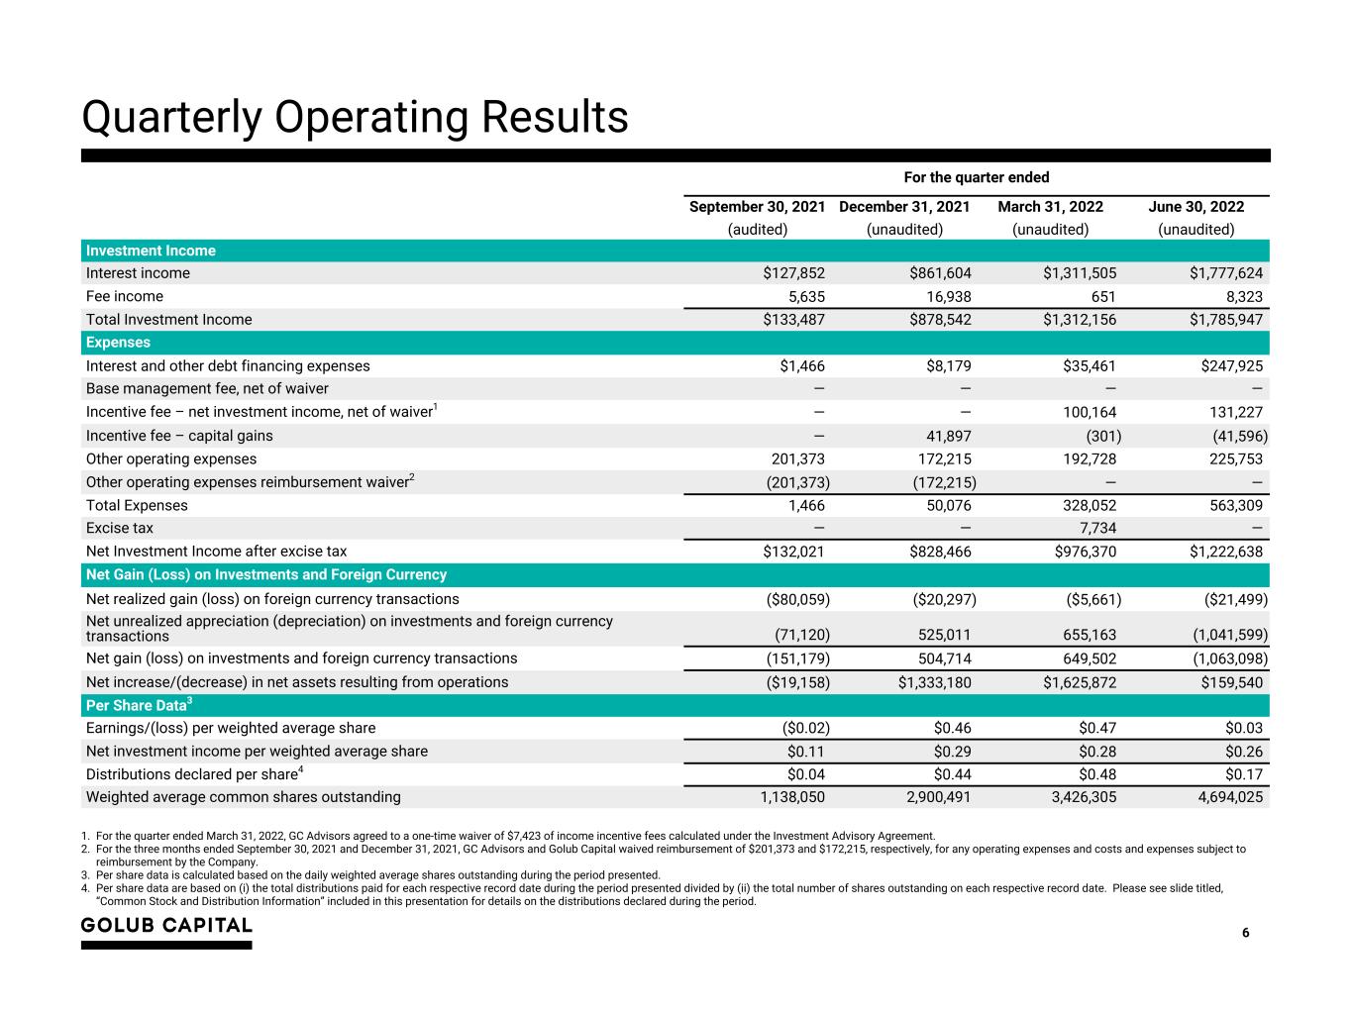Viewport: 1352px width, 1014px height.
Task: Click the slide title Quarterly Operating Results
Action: click(355, 117)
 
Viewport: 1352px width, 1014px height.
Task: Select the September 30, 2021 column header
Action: click(757, 207)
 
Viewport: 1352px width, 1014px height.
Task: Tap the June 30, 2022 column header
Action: click(1196, 207)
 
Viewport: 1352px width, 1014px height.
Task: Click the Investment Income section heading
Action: click(151, 251)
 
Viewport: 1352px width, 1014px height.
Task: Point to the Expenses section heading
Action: click(118, 343)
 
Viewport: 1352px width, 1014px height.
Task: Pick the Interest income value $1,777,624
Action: click(1225, 273)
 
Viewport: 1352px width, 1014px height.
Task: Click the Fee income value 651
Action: click(1102, 296)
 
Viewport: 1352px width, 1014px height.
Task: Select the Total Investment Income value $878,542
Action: click(940, 320)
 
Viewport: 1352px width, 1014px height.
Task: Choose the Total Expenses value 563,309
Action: click(1229, 505)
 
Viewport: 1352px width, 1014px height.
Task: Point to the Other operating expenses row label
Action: click(171, 458)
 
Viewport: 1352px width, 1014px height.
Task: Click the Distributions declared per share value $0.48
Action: click(1095, 774)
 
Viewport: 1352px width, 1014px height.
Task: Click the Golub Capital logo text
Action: click(166, 926)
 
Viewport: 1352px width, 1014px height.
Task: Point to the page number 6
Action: click(1245, 933)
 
